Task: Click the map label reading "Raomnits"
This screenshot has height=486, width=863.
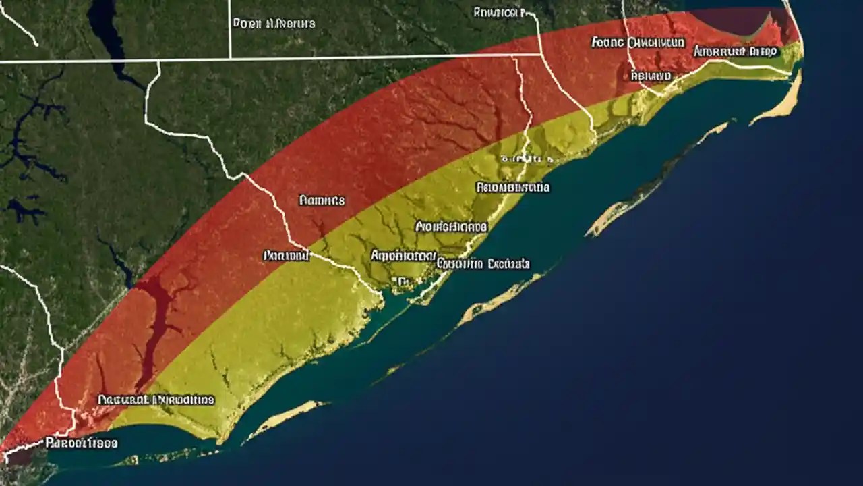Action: point(322,200)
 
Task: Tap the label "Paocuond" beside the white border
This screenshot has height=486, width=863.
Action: point(285,256)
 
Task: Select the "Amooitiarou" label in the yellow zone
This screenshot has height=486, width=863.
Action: point(403,256)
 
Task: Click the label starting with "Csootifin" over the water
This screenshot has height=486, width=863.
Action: point(483,263)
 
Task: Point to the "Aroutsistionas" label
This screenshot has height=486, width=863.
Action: point(451,226)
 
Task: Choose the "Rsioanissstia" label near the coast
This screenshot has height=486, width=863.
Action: point(512,187)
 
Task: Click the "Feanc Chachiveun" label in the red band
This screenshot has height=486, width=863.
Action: point(638,43)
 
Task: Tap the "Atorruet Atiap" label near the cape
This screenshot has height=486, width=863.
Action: point(735,51)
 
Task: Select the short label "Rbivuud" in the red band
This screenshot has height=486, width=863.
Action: point(651,76)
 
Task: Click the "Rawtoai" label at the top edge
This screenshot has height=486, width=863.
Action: point(499,12)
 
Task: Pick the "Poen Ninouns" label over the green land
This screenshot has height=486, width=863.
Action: point(274,23)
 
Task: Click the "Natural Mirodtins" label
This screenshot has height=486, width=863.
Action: point(156,400)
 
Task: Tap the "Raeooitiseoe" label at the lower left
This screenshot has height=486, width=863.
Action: point(81,443)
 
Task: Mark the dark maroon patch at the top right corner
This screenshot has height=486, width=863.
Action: point(738,20)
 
